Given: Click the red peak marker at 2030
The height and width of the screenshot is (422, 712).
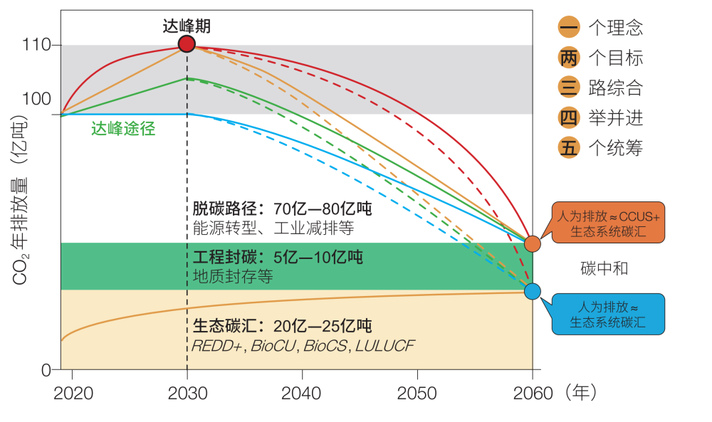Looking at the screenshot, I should [187, 44].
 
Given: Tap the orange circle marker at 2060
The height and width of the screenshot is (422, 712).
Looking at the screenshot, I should [533, 243].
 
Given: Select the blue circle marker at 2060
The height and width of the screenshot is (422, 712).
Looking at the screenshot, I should [533, 291].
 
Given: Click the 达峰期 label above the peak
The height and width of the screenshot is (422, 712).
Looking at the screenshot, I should [187, 27].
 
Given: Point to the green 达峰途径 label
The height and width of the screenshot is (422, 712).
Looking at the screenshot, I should [123, 129].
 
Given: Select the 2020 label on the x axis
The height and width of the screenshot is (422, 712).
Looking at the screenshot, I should [73, 392].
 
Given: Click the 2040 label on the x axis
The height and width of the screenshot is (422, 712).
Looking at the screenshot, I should [302, 392].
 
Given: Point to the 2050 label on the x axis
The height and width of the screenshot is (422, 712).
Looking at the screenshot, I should [417, 392].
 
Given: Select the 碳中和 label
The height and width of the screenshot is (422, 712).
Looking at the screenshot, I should [604, 268].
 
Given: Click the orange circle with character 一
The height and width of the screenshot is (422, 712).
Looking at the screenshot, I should [569, 28].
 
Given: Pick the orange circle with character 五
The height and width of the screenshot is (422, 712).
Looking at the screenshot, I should [569, 148].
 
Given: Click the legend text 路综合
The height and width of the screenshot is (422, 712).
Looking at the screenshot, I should [616, 88].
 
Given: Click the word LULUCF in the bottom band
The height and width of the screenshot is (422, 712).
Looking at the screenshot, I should [384, 346].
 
